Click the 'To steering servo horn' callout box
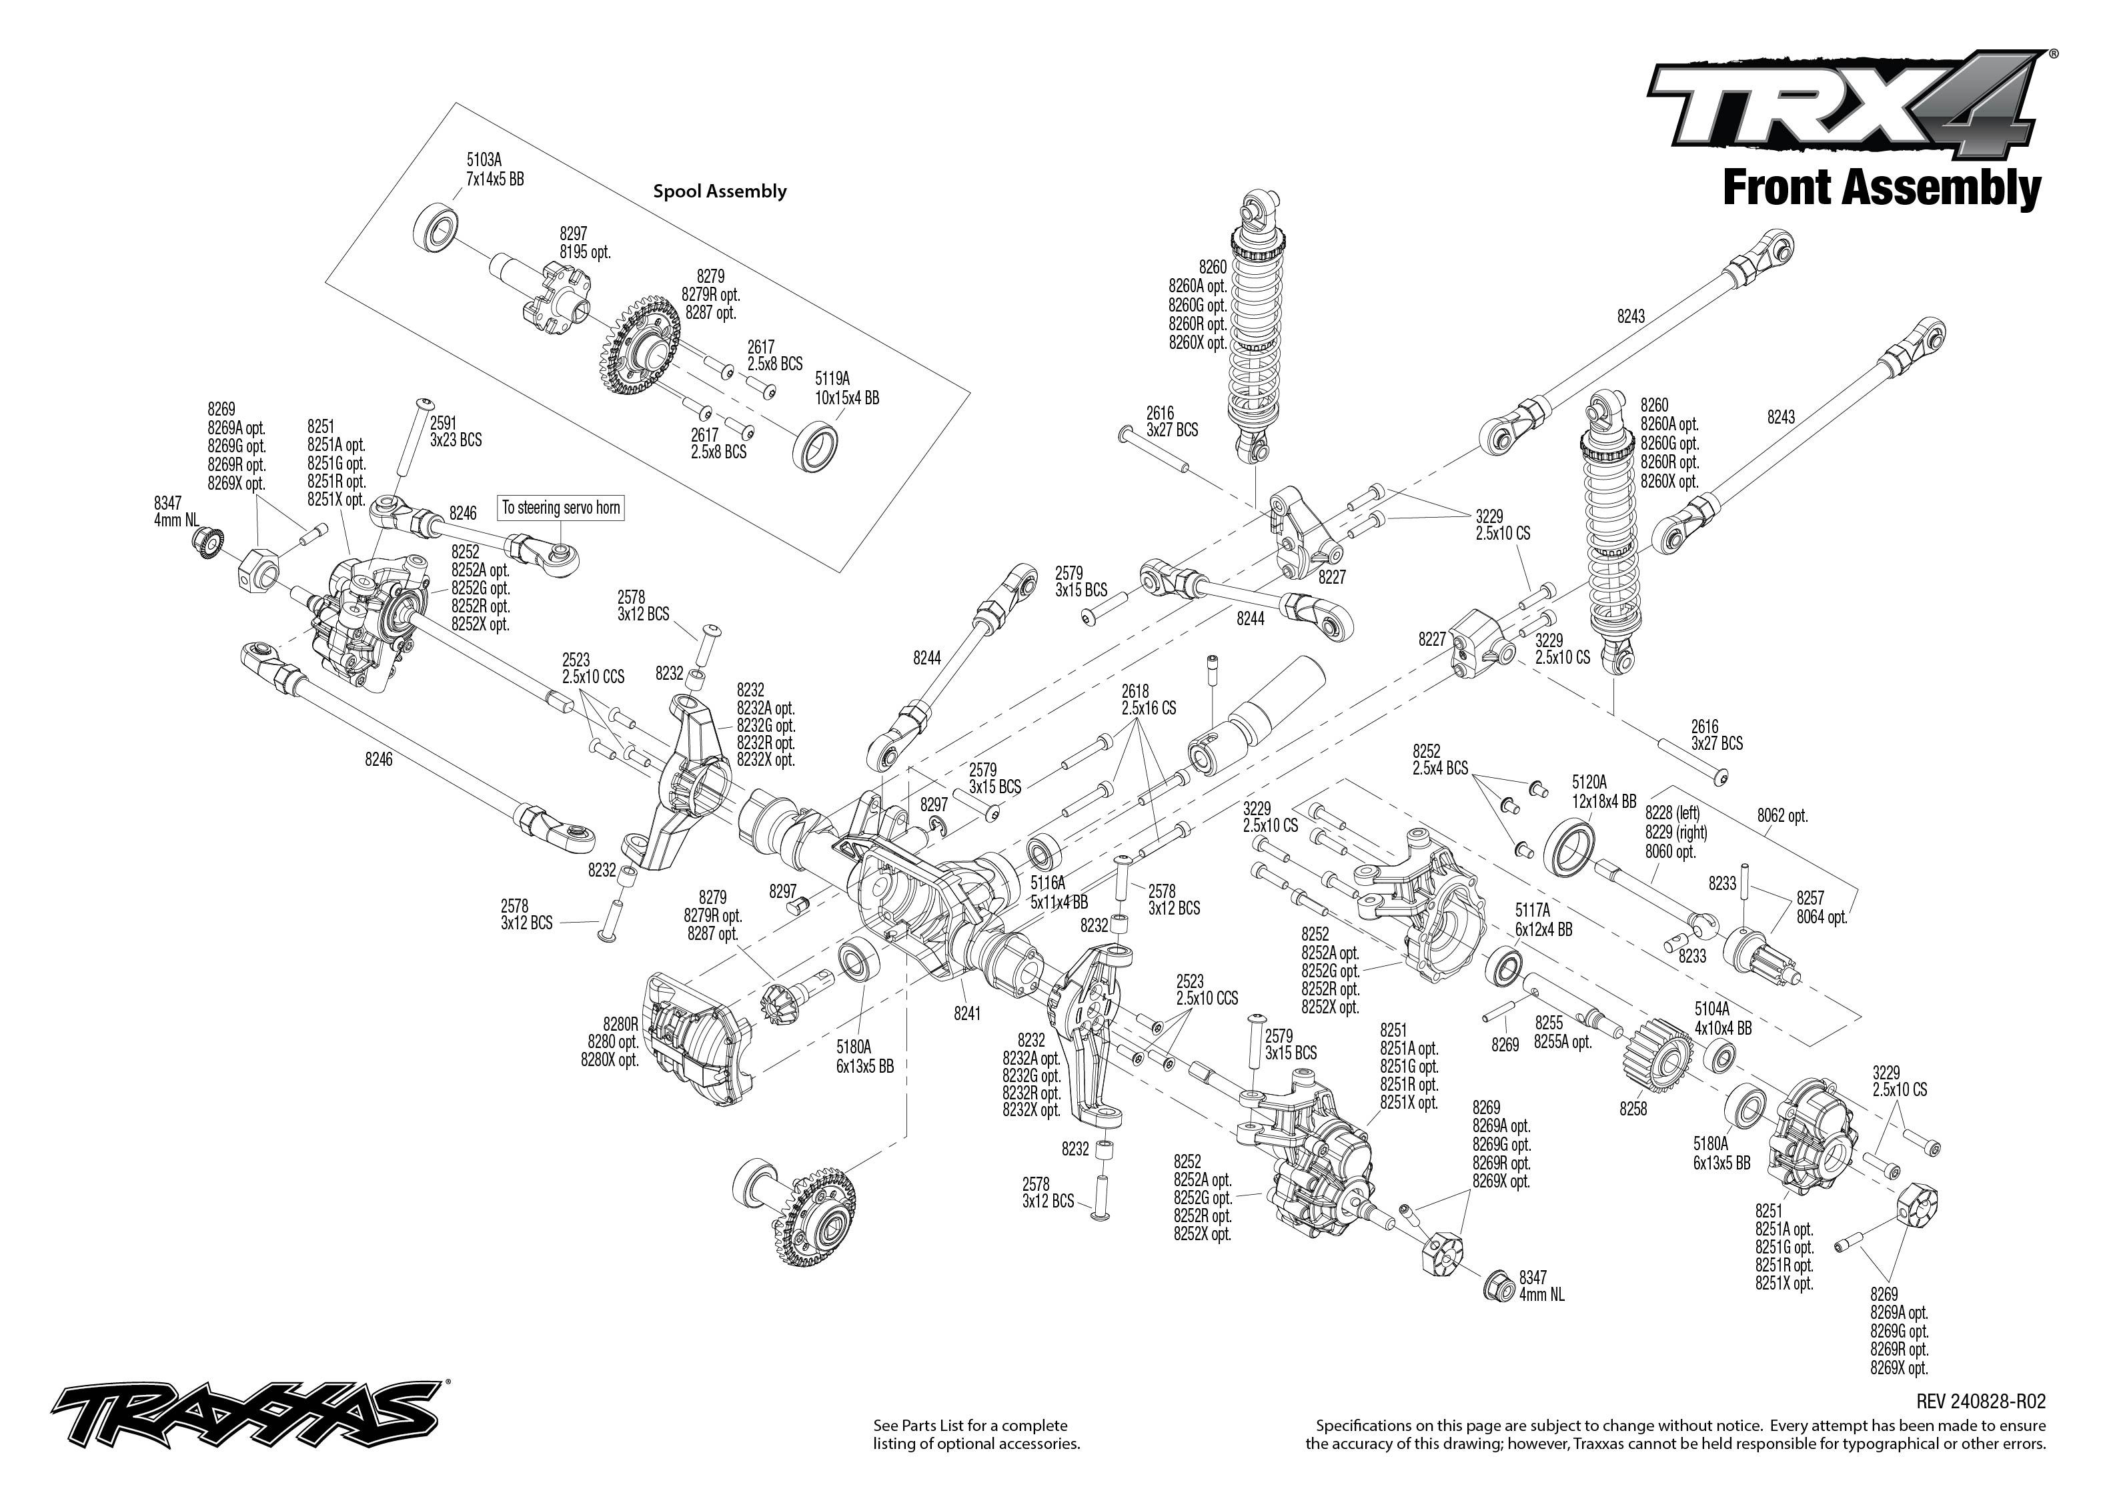pyautogui.click(x=561, y=508)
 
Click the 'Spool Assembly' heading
pyautogui.click(x=720, y=191)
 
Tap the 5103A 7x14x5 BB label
pyautogui.click(x=494, y=170)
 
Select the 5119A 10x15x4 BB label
pyautogui.click(x=846, y=389)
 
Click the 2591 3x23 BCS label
pyautogui.click(x=456, y=432)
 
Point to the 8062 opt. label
pyautogui.click(x=1782, y=816)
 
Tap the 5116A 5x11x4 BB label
pyautogui.click(x=1059, y=893)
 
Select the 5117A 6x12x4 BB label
pyautogui.click(x=1543, y=921)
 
